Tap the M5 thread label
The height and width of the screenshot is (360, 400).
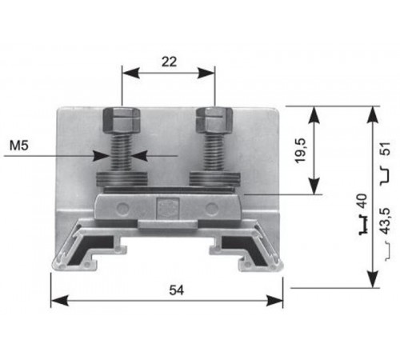pos(22,146)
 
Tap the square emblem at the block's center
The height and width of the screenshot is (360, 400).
pos(167,207)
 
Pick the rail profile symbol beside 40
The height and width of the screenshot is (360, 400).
pos(362,223)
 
